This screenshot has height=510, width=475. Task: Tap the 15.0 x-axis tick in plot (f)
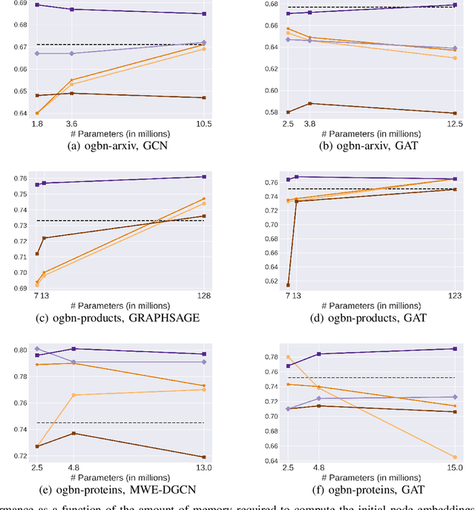click(x=454, y=468)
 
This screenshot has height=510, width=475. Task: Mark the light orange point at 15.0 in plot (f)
click(x=454, y=457)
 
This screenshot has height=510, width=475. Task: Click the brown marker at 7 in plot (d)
click(x=288, y=285)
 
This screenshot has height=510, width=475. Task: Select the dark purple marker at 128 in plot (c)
click(x=204, y=177)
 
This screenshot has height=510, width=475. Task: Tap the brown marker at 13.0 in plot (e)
click(x=204, y=457)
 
